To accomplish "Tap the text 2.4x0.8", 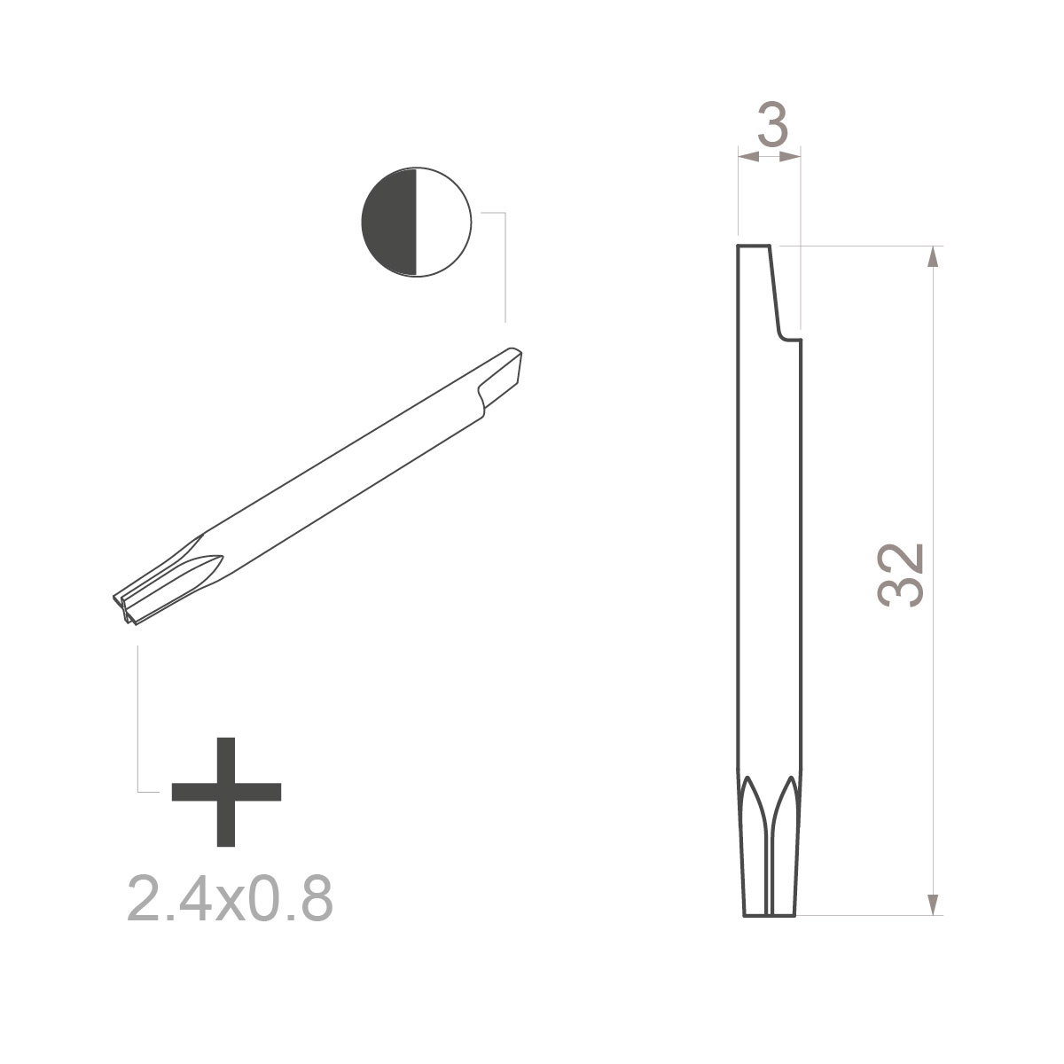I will pyautogui.click(x=230, y=898).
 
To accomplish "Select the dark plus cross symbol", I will pyautogui.click(x=226, y=790).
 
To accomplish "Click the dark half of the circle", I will pyautogui.click(x=389, y=222).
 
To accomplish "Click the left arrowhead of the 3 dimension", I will pyautogui.click(x=747, y=157).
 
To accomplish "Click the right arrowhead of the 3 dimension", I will pyautogui.click(x=792, y=157).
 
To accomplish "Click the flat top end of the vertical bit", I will pyautogui.click(x=754, y=246).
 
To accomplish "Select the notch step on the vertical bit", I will pyautogui.click(x=788, y=338).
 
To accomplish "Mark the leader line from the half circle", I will pyautogui.click(x=505, y=266).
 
